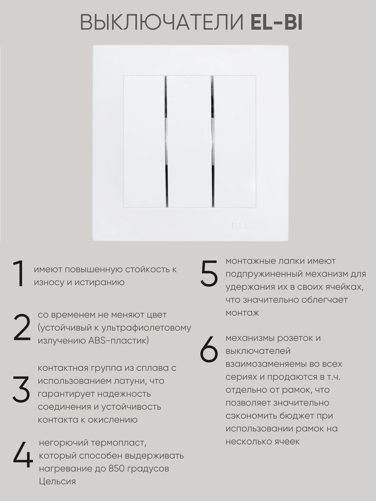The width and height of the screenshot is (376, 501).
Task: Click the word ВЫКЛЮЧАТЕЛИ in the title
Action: [162, 23]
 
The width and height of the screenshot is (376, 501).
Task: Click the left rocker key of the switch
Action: [144, 142]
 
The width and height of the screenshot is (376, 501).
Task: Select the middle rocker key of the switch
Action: [190, 142]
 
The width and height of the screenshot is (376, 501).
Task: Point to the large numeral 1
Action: [19, 274]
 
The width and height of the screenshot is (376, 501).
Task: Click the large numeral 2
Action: [22, 327]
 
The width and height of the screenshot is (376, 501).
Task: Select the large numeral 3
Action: [21, 389]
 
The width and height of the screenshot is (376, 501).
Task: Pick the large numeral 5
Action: [210, 272]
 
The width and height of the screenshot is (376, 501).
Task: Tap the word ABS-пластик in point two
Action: [118, 341]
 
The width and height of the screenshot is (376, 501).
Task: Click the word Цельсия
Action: [57, 481]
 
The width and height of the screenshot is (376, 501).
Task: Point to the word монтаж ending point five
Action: [242, 313]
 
